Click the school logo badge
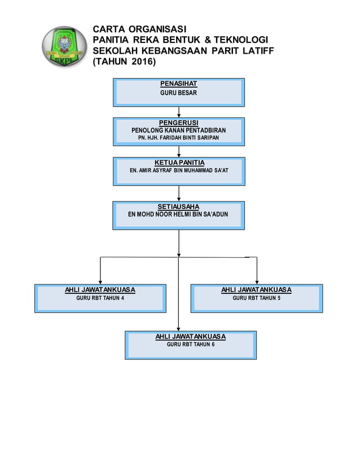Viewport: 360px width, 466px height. tap(64, 47)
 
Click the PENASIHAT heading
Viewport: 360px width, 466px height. tap(178, 84)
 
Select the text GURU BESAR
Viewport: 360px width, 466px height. tap(178, 93)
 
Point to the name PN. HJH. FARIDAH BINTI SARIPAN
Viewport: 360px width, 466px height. tap(178, 137)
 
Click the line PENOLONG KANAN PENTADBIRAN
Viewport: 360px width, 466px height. tap(178, 130)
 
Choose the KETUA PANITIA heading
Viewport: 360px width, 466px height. tap(179, 162)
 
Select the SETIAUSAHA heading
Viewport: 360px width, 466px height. tap(178, 207)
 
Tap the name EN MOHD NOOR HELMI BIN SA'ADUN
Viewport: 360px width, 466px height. tap(178, 214)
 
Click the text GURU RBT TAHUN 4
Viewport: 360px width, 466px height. tap(100, 298)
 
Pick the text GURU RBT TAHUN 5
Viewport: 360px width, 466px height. tap(256, 298)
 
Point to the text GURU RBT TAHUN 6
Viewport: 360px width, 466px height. tap(191, 344)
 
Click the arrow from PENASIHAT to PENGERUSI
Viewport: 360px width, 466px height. tap(178, 112)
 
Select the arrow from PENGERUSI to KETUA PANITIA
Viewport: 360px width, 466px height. tap(178, 151)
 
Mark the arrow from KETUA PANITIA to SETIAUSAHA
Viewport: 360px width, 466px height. tap(178, 194)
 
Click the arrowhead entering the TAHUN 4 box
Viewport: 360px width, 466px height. tap(100, 281)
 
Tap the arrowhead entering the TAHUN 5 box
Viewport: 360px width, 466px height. tap(257, 281)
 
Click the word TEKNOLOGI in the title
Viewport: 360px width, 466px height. tap(236, 39)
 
